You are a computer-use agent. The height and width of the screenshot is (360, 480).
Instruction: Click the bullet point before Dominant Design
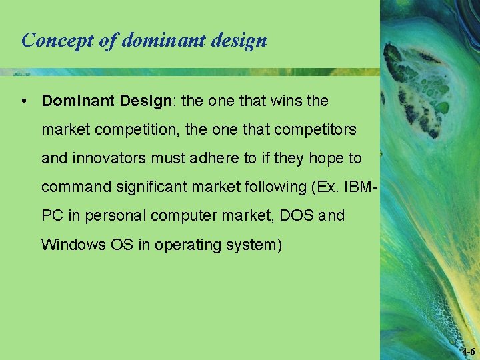(23, 101)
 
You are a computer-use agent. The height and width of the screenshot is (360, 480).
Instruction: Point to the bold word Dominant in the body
(78, 101)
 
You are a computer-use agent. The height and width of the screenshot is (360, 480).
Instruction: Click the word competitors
(317, 129)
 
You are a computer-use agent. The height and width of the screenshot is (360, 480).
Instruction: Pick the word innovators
(107, 158)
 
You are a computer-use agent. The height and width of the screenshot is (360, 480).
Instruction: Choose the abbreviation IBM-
(360, 187)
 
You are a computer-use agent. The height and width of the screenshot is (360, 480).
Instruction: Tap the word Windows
(73, 245)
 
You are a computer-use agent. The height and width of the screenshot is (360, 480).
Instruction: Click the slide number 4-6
(467, 351)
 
